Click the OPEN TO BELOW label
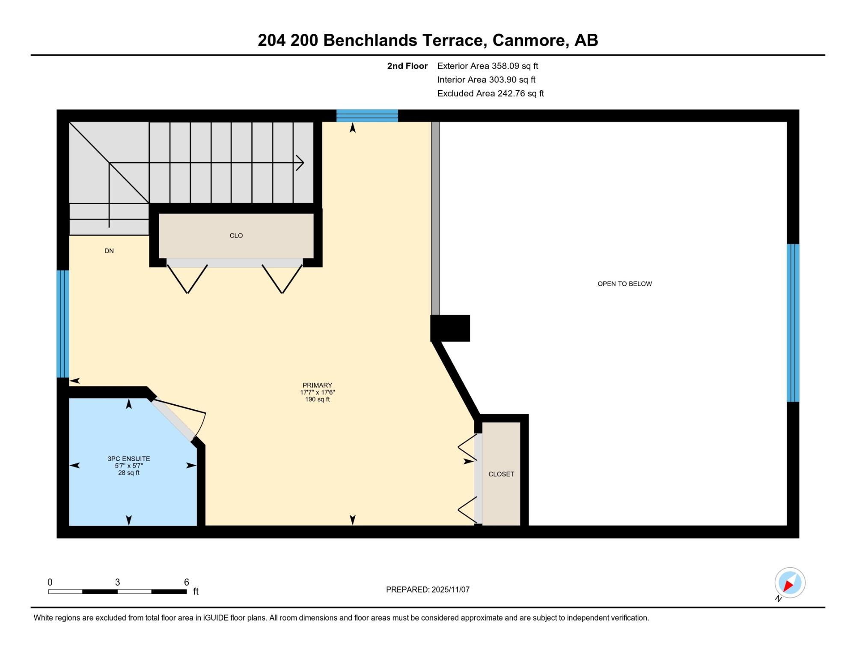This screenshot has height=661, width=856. coord(624,284)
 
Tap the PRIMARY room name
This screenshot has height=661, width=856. coord(317,385)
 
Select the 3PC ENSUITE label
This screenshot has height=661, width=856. coord(129,459)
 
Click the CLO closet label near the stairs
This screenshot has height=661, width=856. coord(236,236)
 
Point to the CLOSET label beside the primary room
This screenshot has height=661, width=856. coord(501,474)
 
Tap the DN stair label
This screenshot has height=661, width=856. coord(109,251)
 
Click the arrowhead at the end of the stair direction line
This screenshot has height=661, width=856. coord(300,163)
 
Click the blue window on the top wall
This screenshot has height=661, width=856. coord(367,116)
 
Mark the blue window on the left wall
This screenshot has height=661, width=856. coord(63,324)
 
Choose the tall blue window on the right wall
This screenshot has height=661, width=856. coord(793,323)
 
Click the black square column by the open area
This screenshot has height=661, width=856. coord(450,328)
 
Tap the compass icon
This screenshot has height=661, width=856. coord(790,583)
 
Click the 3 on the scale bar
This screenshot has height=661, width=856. coord(117,582)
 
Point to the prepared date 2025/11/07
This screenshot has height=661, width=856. coord(451,590)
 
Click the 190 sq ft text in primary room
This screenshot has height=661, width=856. coord(317,400)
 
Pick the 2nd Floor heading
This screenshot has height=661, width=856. coord(407,66)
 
